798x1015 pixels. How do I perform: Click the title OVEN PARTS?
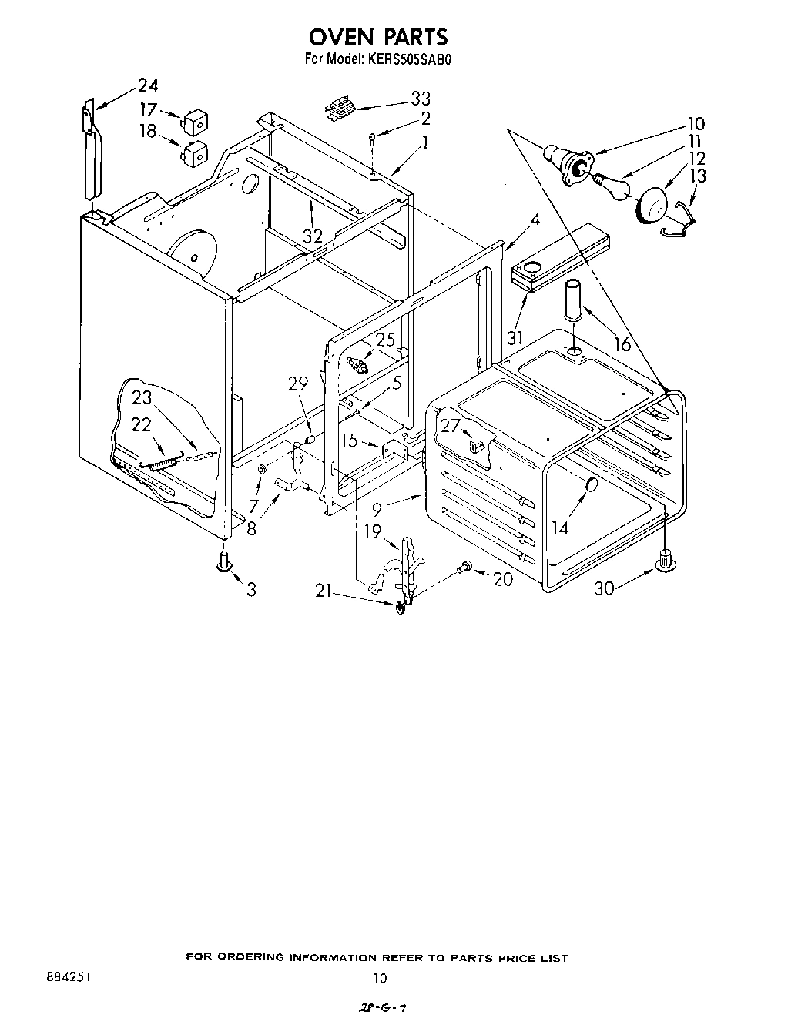(377, 36)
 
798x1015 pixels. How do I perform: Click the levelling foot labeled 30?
(665, 565)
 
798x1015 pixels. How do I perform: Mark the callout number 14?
(560, 528)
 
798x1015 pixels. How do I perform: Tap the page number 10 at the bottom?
(378, 978)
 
